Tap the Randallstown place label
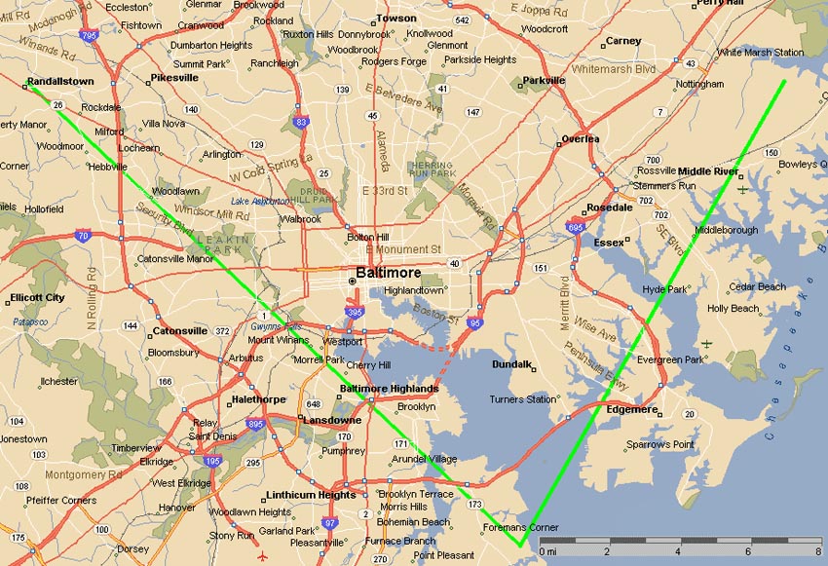(60, 82)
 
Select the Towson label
(396, 18)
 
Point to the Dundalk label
(511, 364)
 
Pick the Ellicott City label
(37, 297)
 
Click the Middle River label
(707, 171)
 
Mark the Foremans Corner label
(521, 528)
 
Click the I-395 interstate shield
(355, 311)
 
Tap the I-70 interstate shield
(84, 235)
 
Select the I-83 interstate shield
(301, 123)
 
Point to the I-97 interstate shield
(330, 524)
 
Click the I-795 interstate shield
(90, 36)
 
